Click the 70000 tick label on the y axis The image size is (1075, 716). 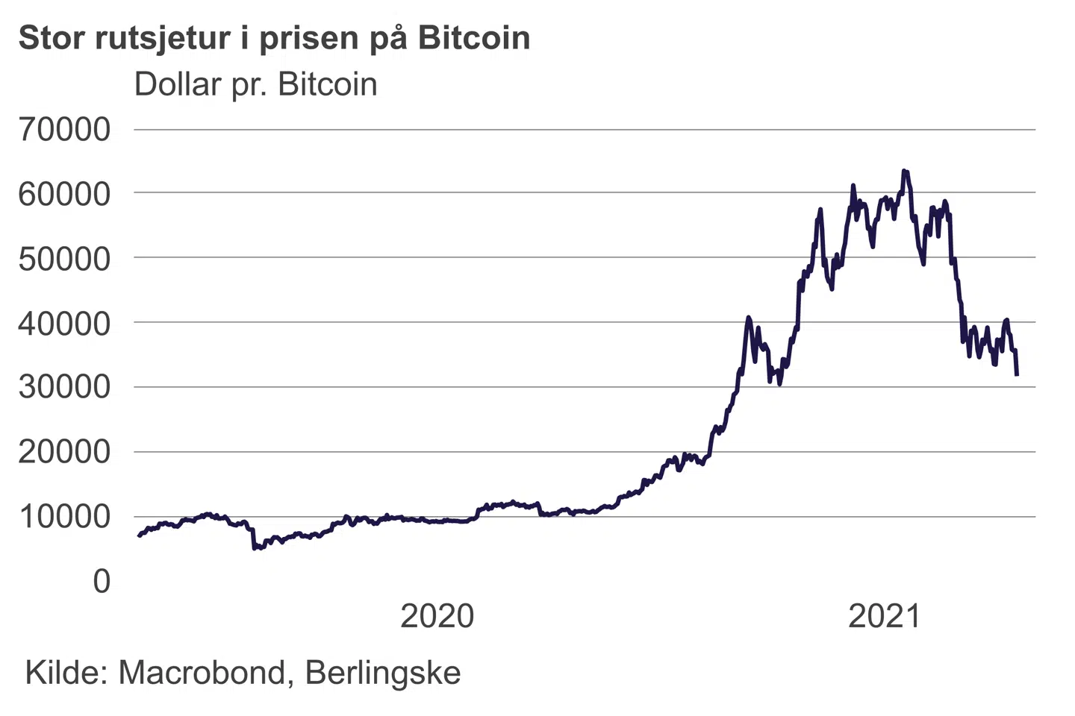click(64, 129)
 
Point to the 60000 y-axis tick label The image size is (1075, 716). click(64, 194)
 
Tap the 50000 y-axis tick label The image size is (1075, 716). click(64, 259)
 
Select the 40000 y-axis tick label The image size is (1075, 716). click(64, 323)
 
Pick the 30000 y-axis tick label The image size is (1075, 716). click(64, 387)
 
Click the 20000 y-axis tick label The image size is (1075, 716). click(64, 452)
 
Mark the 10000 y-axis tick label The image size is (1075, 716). click(64, 516)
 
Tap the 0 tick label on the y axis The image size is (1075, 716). click(102, 581)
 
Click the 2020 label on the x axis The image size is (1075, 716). click(437, 616)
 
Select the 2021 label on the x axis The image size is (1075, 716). click(885, 616)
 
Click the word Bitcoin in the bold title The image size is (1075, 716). click(474, 38)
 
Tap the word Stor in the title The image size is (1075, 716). click(51, 38)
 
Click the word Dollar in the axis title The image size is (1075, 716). click(178, 84)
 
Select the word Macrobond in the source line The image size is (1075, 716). click(202, 673)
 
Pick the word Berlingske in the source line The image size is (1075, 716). click(383, 673)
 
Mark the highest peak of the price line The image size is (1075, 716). click(904, 171)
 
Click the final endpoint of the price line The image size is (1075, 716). click(1017, 374)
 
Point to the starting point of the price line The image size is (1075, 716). click(139, 536)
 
